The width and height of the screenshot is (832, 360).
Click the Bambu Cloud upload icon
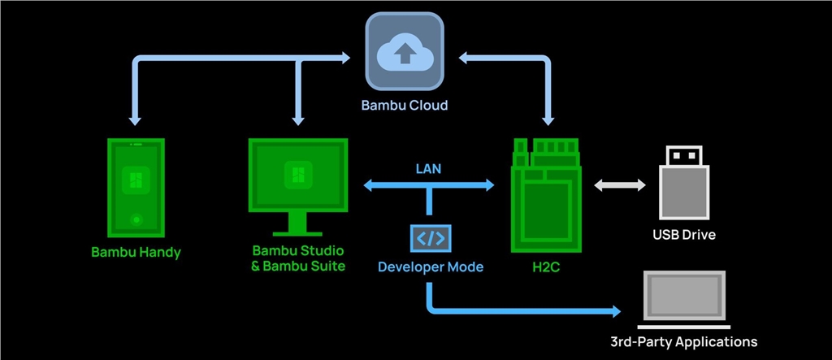404,54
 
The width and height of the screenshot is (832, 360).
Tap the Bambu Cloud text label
404,106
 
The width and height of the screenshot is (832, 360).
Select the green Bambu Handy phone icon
136,188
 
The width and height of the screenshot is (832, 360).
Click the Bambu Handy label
136,252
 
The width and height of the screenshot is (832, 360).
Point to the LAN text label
429,170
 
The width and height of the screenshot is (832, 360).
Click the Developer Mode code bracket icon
430,238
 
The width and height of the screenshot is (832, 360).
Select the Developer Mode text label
431,267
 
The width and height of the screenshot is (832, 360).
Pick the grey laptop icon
682,297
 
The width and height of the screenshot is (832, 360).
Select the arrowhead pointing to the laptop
615,311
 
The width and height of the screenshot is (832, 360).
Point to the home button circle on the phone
136,219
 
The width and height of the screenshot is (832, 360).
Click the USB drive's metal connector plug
683,157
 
